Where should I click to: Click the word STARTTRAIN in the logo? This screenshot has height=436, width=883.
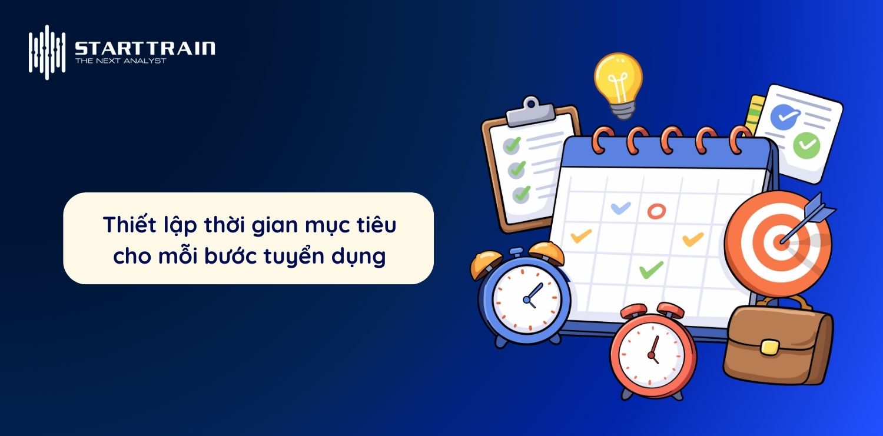click(x=145, y=48)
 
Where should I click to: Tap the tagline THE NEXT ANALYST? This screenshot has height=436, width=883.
click(x=121, y=61)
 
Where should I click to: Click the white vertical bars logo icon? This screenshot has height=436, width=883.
click(x=47, y=52)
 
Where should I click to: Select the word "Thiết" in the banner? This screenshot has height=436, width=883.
click(x=130, y=225)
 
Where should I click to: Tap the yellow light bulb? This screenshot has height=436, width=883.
click(x=619, y=85)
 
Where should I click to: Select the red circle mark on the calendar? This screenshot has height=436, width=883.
click(x=656, y=211)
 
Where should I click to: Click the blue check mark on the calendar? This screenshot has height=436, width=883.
click(x=620, y=208)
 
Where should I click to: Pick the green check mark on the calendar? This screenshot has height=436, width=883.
click(x=651, y=270)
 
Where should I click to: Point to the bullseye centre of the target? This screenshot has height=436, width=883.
click(x=781, y=241)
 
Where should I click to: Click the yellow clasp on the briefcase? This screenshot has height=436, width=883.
click(x=769, y=347)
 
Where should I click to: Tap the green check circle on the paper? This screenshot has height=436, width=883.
click(x=806, y=145)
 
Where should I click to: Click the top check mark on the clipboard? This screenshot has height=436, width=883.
click(x=513, y=145)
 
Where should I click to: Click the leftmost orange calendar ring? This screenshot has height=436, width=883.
click(x=602, y=140)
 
